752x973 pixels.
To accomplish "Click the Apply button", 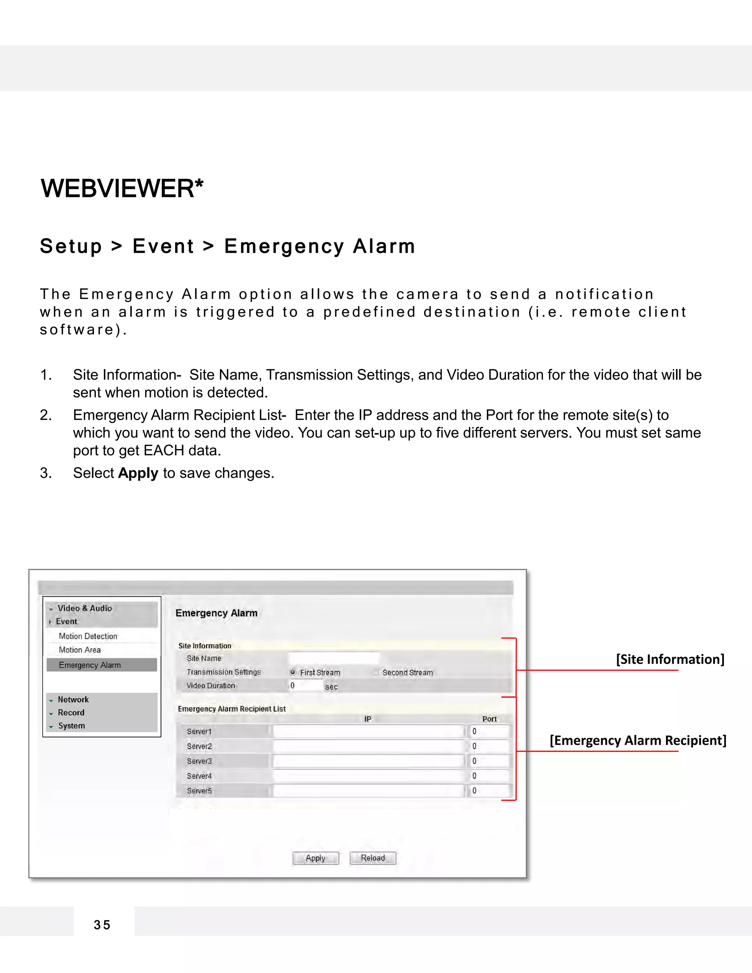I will point(315,858).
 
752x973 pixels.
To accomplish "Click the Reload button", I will point(373,858).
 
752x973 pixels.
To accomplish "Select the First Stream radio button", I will point(293,672).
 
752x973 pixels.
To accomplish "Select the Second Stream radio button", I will point(375,672).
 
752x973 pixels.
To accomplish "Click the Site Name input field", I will point(334,658).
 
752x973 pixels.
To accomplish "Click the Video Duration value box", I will point(305,686).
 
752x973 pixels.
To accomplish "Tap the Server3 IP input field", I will point(368,761).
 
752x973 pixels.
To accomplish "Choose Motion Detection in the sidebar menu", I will point(88,636).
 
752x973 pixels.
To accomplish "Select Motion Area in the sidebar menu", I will point(80,650).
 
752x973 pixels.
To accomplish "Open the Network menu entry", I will point(73,699).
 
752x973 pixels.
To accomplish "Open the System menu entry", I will point(71,726).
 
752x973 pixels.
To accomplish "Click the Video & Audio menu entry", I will point(85,608).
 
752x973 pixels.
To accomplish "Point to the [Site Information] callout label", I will point(670,659).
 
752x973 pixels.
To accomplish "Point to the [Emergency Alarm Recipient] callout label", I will point(638,741).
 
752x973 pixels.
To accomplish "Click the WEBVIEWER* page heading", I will point(122,188).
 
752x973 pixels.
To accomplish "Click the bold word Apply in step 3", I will point(138,473).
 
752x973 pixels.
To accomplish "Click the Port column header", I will point(489,719).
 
